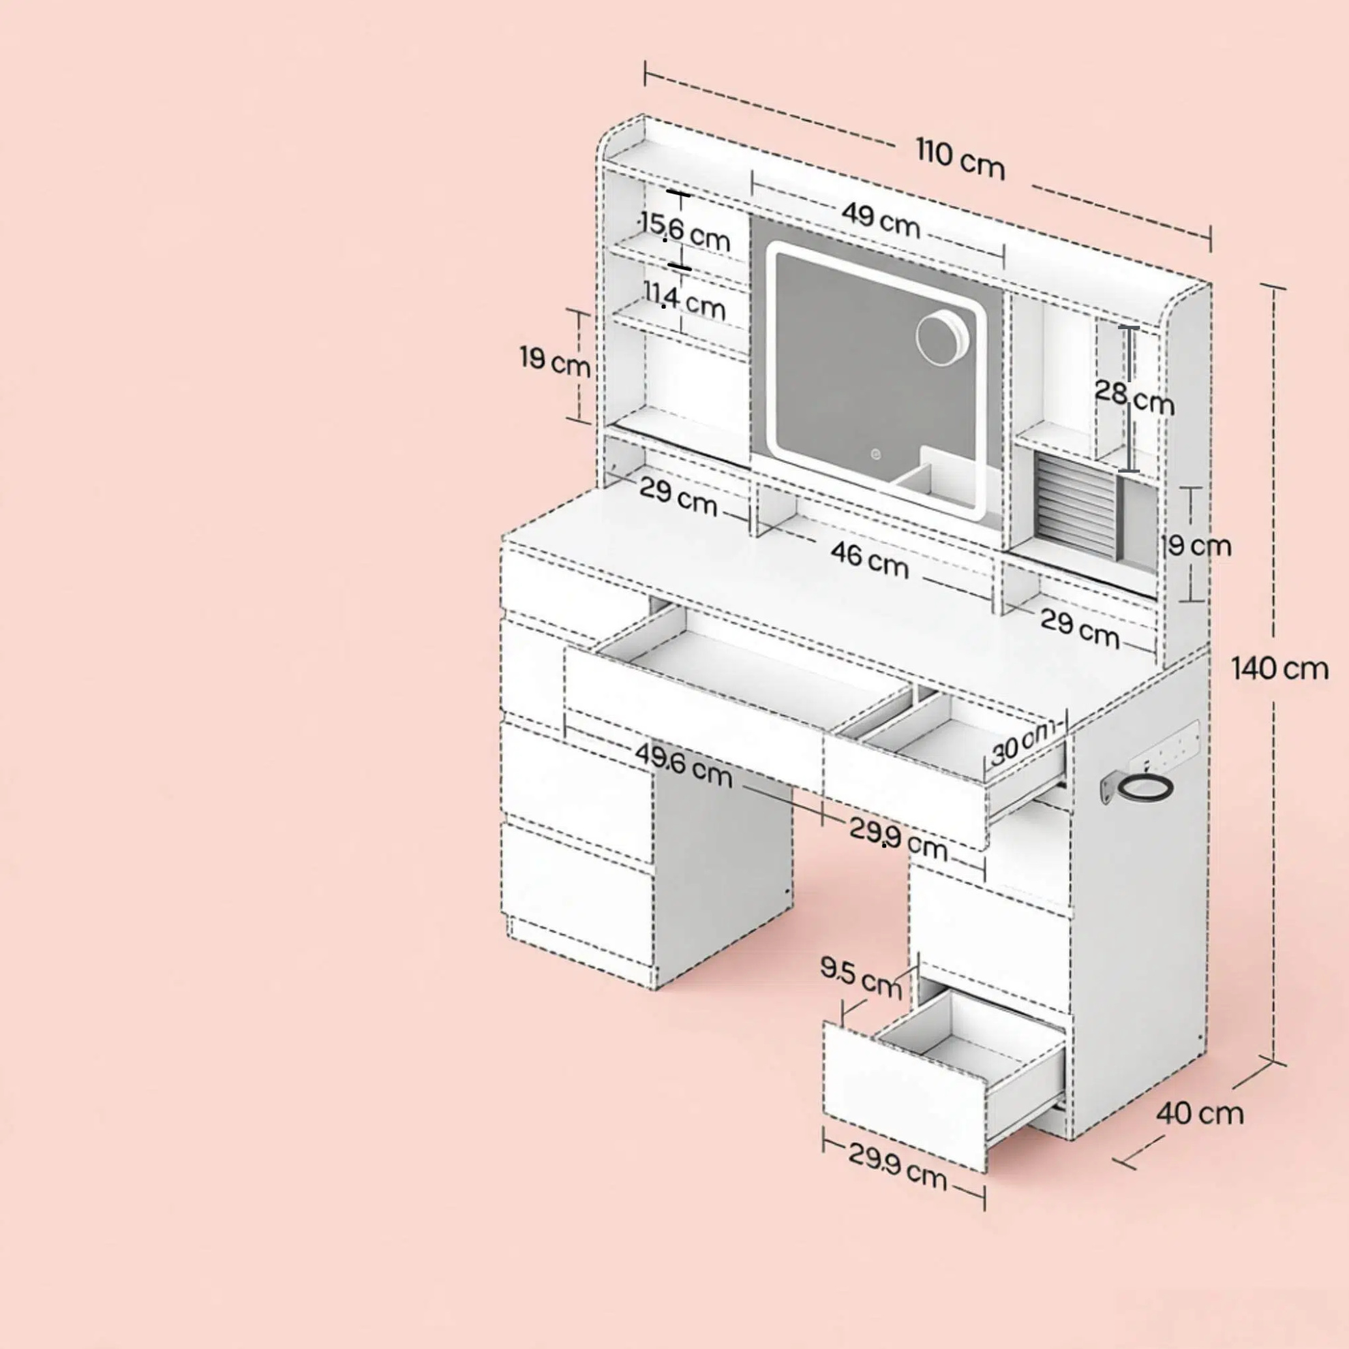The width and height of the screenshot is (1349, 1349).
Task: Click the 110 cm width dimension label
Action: pyautogui.click(x=960, y=159)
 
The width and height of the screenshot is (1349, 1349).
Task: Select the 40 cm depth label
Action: pyautogui.click(x=1200, y=1113)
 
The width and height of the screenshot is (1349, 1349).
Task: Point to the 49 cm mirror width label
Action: pyautogui.click(x=880, y=219)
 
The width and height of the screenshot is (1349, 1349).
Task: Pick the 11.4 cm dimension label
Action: pyautogui.click(x=684, y=300)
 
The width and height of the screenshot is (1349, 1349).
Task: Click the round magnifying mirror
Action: pyautogui.click(x=943, y=339)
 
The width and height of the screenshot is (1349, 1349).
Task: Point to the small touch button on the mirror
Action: pyautogui.click(x=875, y=455)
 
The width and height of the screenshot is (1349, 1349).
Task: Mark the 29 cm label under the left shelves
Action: pyautogui.click(x=678, y=497)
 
